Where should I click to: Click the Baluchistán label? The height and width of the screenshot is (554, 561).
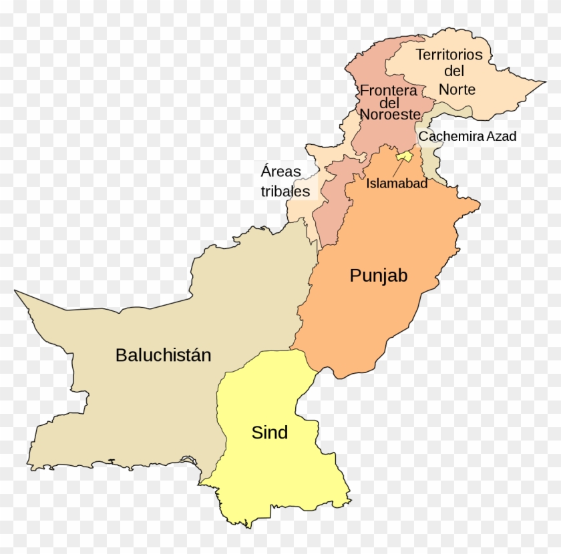163,355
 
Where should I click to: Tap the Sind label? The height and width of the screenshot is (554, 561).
269,433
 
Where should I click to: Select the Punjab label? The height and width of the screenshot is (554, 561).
379,276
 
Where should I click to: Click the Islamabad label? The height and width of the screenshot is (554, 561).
397,183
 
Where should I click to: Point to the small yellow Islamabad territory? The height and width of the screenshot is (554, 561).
405,156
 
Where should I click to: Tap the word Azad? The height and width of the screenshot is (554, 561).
502,136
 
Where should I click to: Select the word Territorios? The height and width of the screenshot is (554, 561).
449,55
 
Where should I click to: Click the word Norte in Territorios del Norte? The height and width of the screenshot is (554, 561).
457,89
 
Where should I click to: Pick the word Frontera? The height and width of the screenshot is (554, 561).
389,90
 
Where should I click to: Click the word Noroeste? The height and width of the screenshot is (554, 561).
390,114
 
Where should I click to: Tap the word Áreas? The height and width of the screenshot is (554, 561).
280,171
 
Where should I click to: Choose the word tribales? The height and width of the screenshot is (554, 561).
285,192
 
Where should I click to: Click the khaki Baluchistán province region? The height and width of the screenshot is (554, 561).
134,400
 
